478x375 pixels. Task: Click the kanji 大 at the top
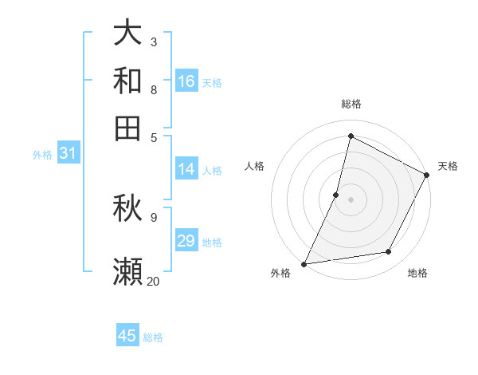pos(128,33)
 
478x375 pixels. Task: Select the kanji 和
pos(128,80)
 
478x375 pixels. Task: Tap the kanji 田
pos(128,127)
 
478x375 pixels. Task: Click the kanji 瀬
pos(128,272)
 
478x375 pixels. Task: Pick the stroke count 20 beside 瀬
pos(153,281)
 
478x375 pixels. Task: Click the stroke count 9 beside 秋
pos(153,216)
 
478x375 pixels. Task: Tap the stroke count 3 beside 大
pos(153,41)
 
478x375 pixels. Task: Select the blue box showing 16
pos(186,81)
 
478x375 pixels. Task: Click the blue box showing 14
pos(186,169)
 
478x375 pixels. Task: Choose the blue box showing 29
pos(186,241)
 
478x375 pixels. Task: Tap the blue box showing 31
pos(68,153)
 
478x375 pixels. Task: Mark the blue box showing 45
pos(127,336)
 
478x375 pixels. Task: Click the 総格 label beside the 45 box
pos(153,337)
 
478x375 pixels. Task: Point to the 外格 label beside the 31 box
pos(42,155)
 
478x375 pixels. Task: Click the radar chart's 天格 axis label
pos(448,166)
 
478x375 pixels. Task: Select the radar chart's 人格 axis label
pos(255,166)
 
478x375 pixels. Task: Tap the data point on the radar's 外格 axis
pos(304,264)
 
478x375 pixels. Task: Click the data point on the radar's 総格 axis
pos(351,136)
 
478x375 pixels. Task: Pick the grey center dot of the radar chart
pos(351,199)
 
